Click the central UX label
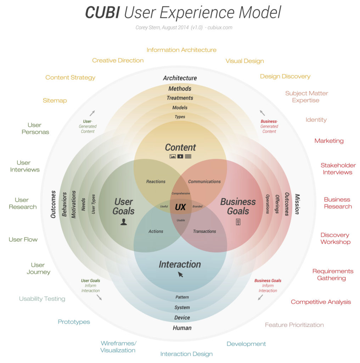pyautogui.click(x=180, y=207)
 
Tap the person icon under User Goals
pyautogui.click(x=123, y=222)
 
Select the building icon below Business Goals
pyautogui.click(x=238, y=222)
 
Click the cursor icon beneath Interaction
pyautogui.click(x=180, y=274)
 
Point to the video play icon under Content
pyautogui.click(x=180, y=156)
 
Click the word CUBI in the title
pyautogui.click(x=102, y=13)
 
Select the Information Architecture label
pyautogui.click(x=181, y=50)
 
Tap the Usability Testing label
pyautogui.click(x=42, y=299)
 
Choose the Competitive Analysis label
pyautogui.click(x=321, y=302)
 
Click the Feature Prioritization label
pyautogui.click(x=294, y=325)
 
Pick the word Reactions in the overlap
pyautogui.click(x=156, y=181)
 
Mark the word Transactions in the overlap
pyautogui.click(x=204, y=231)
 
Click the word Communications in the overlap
pyautogui.click(x=204, y=181)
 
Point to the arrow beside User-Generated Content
pyautogui.click(x=92, y=113)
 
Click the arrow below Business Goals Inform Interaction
pyautogui.click(x=260, y=297)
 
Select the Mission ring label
pyautogui.click(x=297, y=204)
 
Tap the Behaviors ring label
pyautogui.click(x=64, y=205)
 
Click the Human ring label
pyautogui.click(x=182, y=328)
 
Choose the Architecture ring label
pyautogui.click(x=180, y=78)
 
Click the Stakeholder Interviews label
pyautogui.click(x=338, y=169)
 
